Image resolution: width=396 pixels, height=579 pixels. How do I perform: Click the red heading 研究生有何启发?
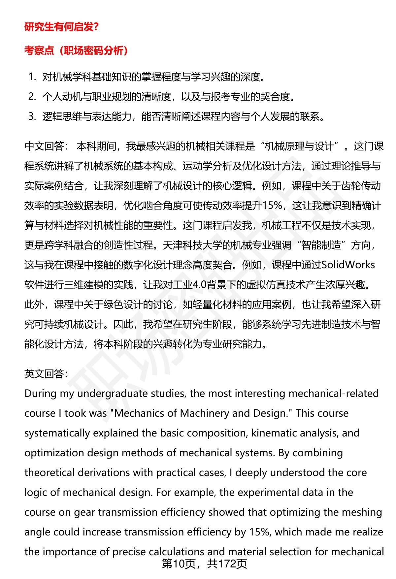click(61, 27)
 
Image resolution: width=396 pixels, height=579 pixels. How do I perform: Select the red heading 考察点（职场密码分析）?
click(76, 50)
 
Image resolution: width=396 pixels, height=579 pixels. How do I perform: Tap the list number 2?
click(32, 97)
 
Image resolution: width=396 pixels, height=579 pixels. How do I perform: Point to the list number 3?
click(32, 116)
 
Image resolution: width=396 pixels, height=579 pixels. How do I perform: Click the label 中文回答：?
click(46, 146)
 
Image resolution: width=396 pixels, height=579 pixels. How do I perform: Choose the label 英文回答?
click(46, 373)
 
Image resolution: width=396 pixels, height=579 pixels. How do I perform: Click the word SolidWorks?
click(348, 265)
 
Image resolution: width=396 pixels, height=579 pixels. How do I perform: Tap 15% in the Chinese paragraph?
click(272, 206)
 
